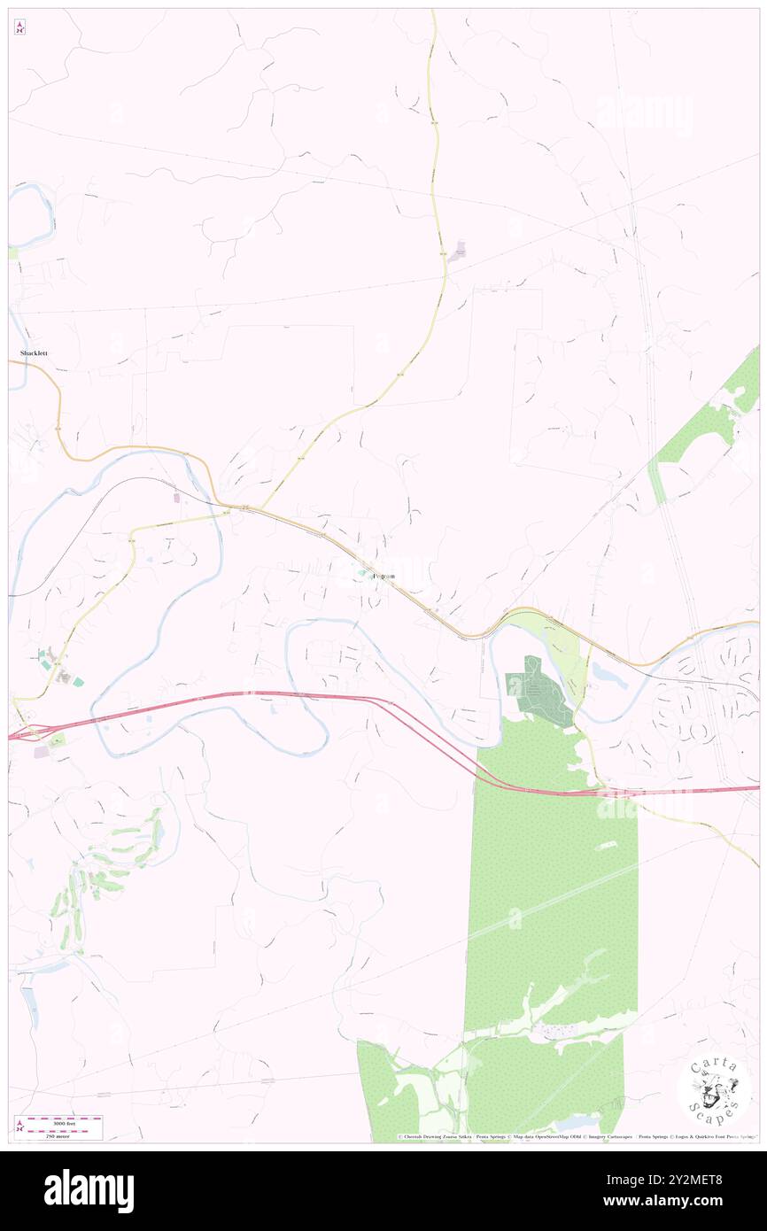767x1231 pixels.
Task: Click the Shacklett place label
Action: (34, 353)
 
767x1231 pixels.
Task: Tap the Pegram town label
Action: (383, 576)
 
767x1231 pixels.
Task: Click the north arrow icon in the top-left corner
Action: (19, 28)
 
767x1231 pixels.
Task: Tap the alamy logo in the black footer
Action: (89, 1190)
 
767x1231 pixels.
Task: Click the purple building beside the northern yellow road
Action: (459, 252)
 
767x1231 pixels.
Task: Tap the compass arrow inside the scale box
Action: (19, 1126)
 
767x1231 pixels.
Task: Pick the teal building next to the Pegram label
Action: (361, 576)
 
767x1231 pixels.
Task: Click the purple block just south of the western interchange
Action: (42, 751)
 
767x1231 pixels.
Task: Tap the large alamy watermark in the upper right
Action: (644, 113)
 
